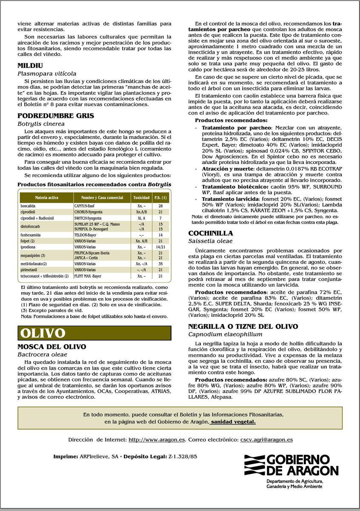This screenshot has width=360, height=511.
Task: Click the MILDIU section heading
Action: pos(30,66)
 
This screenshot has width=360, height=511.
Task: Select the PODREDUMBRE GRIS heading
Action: pos(56,115)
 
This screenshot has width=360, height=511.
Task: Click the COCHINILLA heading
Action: pos(211,233)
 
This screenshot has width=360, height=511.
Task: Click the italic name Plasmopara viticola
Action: pos(47,73)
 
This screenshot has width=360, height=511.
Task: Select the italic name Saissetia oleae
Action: pos(210,241)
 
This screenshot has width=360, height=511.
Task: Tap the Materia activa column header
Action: pos(46,198)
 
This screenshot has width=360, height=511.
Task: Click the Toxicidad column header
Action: pos(141,198)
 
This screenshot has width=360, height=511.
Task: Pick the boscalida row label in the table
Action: pos(28,206)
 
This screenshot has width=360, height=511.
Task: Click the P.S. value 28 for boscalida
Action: pos(160,206)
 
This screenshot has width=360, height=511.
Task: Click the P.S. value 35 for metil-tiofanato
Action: pos(160,264)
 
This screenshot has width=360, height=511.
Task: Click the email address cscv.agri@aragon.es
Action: pos(266,439)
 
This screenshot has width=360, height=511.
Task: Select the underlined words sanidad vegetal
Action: pos(233,422)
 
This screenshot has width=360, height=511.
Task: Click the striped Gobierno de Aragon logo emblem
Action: pos(254,465)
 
